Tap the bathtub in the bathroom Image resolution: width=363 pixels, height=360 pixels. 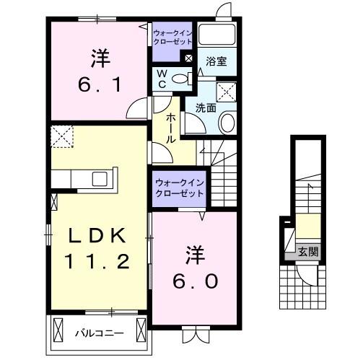pyautogui.click(x=219, y=35)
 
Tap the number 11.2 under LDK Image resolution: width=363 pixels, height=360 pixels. pyautogui.click(x=99, y=261)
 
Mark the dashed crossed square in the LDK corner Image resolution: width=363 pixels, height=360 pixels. pyautogui.click(x=61, y=136)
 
